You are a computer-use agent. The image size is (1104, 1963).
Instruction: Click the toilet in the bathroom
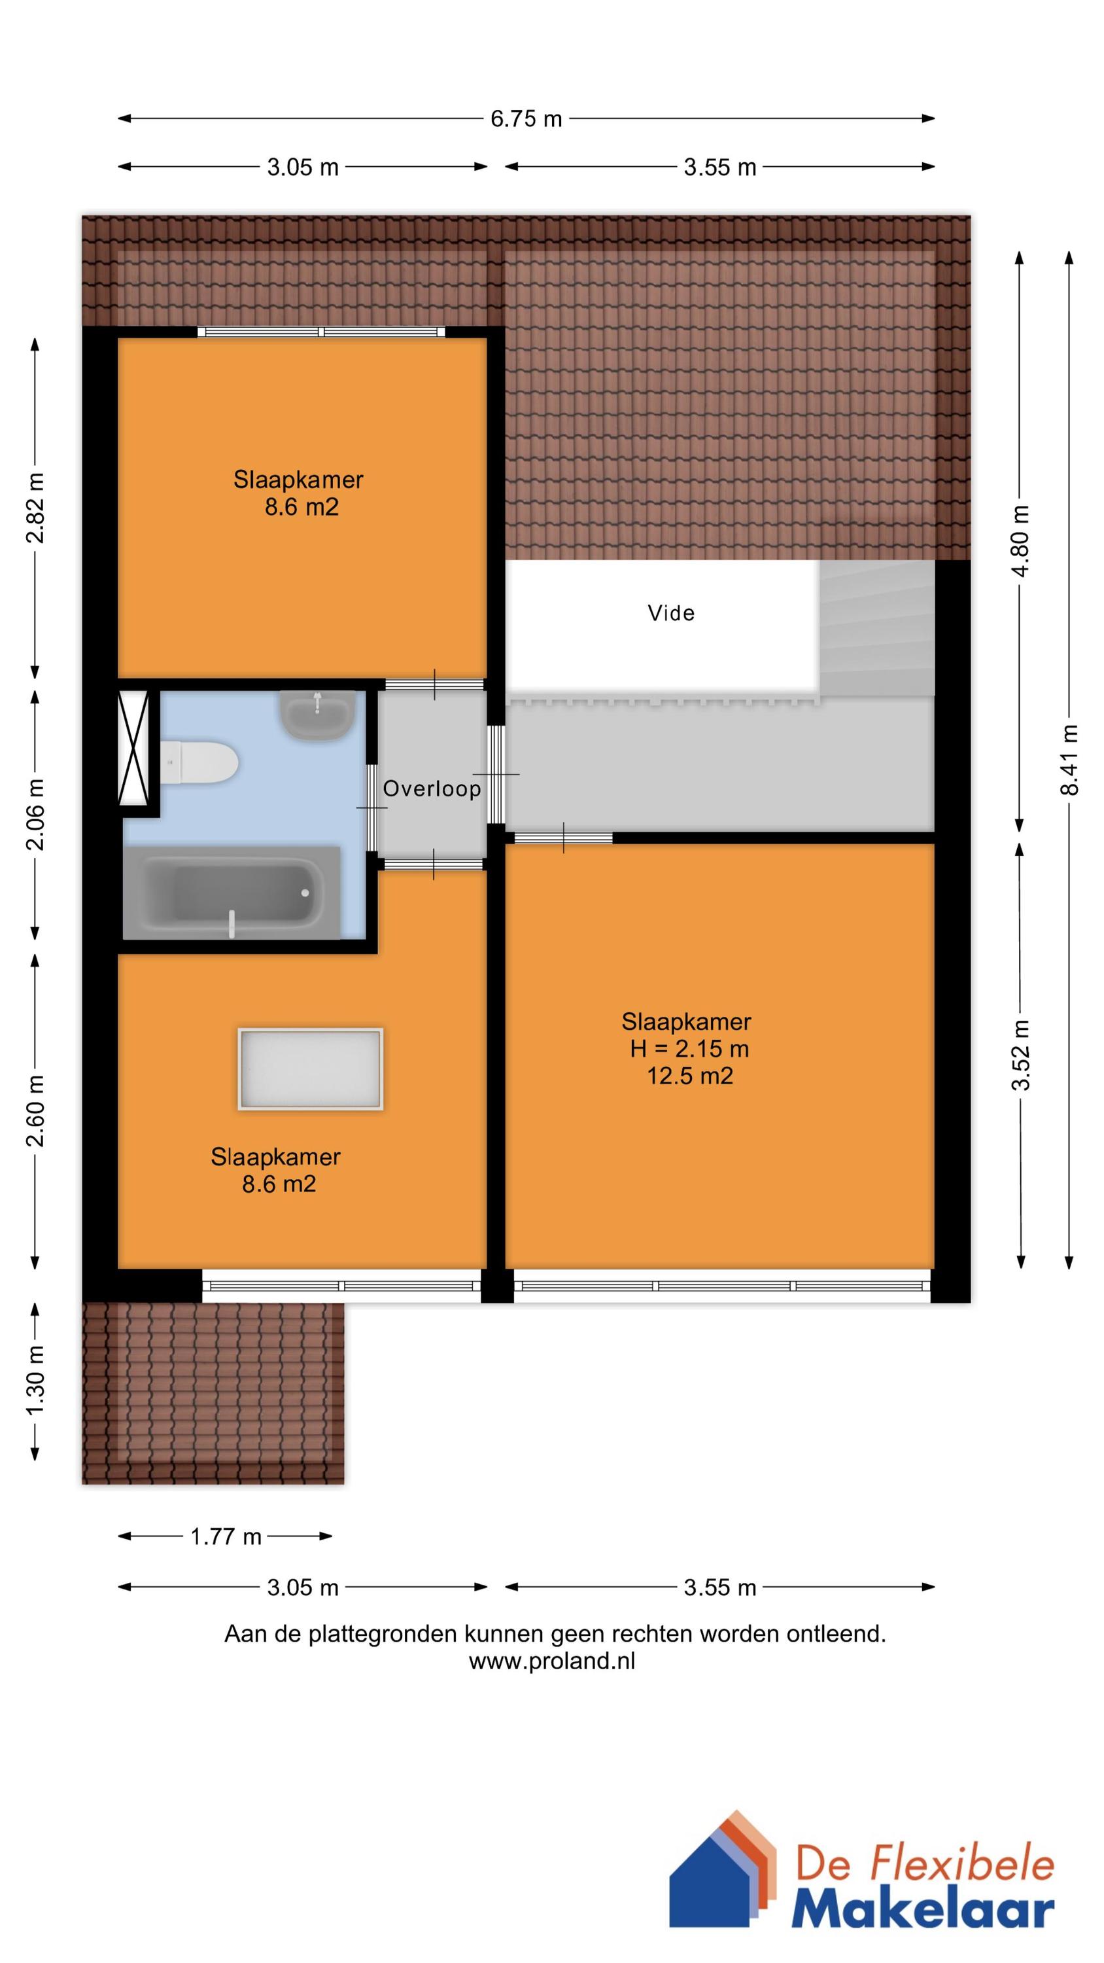199,763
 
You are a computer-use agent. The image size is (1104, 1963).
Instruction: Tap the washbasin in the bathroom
317,715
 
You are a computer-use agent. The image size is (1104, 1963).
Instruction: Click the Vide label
671,612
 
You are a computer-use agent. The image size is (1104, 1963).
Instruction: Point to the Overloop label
432,788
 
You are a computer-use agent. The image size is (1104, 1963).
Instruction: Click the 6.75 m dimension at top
526,119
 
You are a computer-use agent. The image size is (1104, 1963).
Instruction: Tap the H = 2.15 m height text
689,1050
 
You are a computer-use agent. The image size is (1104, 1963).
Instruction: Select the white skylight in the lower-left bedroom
310,1069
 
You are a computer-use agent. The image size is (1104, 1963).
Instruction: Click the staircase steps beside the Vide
877,628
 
